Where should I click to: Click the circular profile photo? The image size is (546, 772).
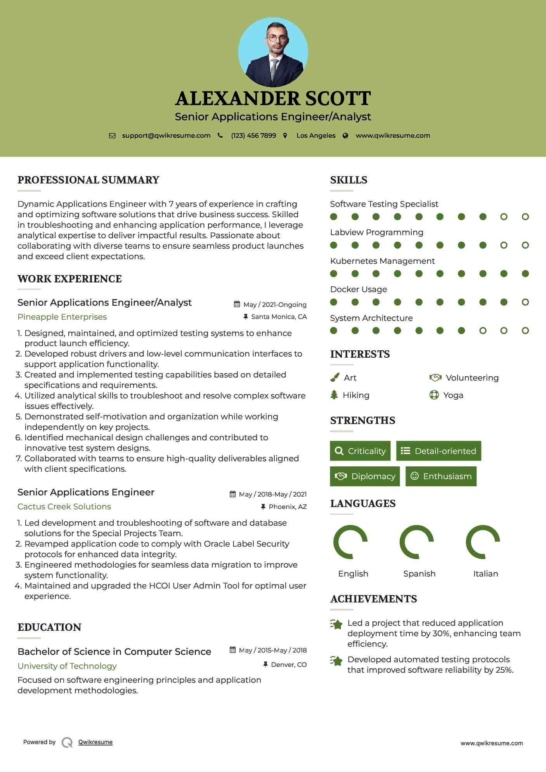click(273, 52)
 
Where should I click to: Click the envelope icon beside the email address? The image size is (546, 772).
click(112, 136)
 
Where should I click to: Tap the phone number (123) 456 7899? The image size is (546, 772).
click(253, 136)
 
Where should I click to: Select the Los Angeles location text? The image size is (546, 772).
click(316, 136)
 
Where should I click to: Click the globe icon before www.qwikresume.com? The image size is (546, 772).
click(345, 136)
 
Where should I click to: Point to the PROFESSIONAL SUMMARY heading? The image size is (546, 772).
click(88, 180)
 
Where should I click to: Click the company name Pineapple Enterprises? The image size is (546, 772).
click(62, 317)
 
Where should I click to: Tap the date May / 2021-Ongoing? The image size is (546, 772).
click(275, 305)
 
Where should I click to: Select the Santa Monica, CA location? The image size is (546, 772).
click(279, 317)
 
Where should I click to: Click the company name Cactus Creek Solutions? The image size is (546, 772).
click(64, 507)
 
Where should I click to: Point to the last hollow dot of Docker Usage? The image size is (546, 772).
click(525, 302)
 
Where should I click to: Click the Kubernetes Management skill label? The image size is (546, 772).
click(382, 261)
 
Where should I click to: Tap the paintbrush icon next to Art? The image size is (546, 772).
click(335, 377)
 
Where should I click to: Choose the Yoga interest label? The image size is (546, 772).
click(453, 395)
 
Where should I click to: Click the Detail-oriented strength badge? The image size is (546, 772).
click(439, 451)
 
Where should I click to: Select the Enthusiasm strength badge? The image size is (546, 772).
click(441, 476)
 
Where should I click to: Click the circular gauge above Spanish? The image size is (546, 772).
click(417, 542)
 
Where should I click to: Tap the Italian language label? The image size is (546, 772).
click(485, 574)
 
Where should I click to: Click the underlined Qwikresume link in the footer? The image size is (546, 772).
click(95, 742)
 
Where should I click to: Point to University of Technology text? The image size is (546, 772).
click(67, 666)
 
